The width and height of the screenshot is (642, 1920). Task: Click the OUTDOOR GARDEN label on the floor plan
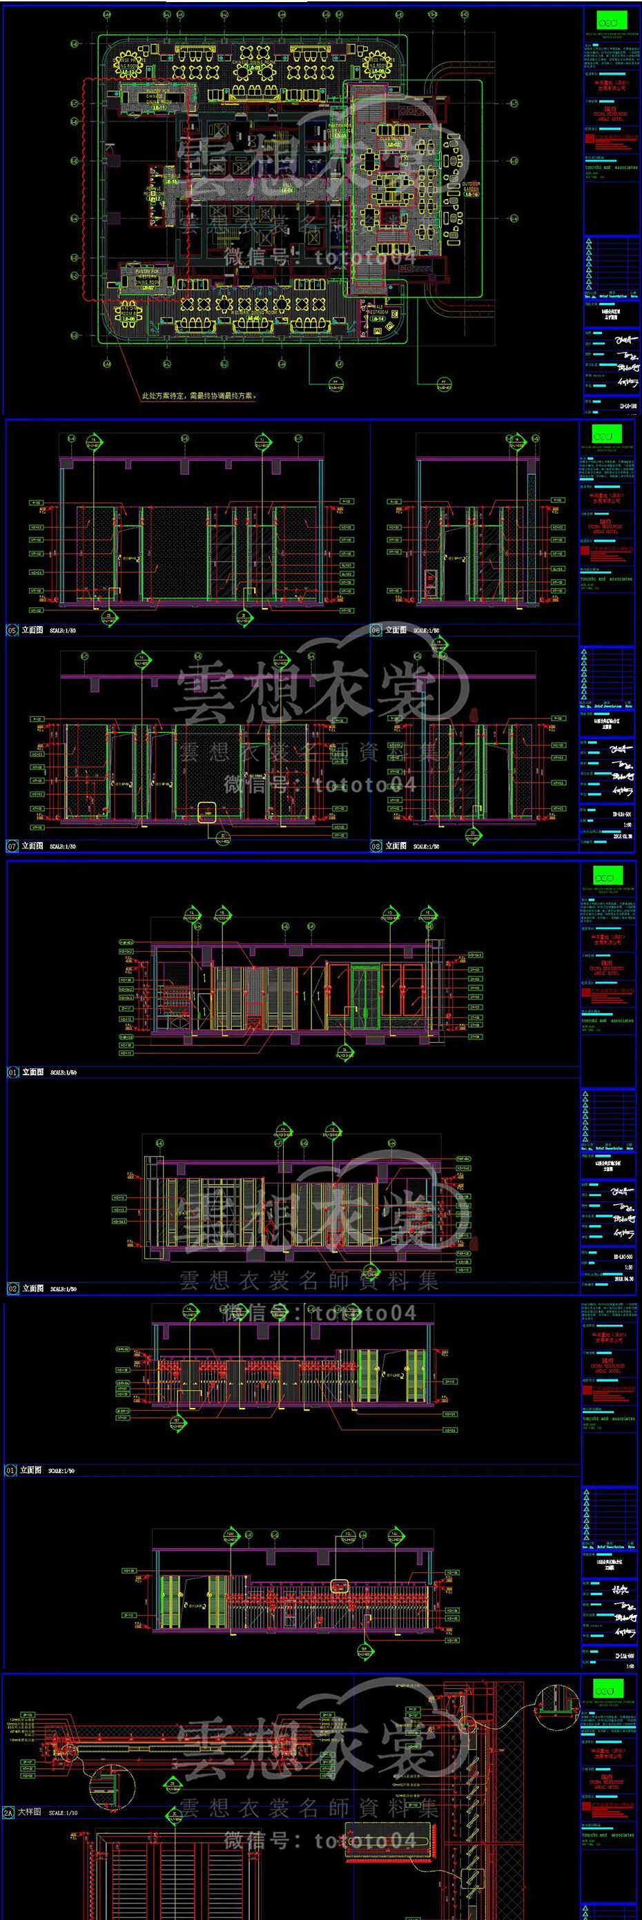point(471,187)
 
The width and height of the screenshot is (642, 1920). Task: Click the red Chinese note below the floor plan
point(198,397)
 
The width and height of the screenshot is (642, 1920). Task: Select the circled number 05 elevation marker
point(12,630)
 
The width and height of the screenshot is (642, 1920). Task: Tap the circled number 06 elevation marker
point(376,630)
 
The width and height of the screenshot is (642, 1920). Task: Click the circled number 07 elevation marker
point(12,846)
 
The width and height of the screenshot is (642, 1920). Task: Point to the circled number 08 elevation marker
point(376,846)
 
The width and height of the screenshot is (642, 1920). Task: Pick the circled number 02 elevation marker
point(12,1288)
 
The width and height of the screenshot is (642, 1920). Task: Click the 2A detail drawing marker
point(9,1812)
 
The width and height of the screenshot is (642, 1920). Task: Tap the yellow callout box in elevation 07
point(207,811)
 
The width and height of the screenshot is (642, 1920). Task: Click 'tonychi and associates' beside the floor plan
point(610,168)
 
